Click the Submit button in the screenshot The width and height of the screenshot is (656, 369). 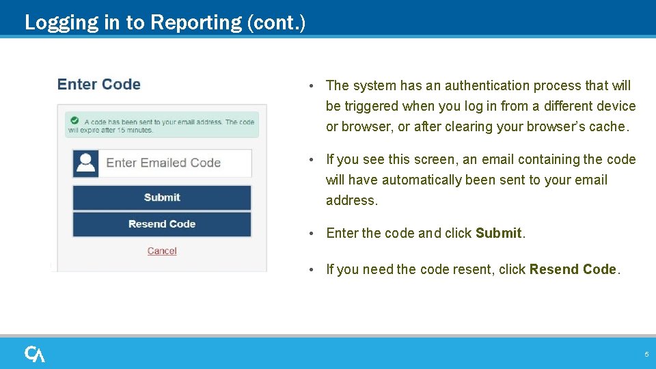point(162,197)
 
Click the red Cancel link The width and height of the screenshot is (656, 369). point(162,251)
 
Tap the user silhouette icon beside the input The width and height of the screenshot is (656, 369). point(86,163)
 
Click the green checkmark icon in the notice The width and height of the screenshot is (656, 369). point(74,120)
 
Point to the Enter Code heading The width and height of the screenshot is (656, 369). point(99,85)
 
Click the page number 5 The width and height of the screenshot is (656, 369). point(646,355)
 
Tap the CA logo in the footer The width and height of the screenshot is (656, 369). point(35,354)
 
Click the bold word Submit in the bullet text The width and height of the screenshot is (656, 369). point(499,233)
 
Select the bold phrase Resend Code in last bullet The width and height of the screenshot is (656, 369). point(573,269)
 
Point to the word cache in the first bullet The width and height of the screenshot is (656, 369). point(609,126)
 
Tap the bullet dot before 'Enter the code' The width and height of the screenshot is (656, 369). point(311,234)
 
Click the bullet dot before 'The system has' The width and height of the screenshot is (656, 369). point(311,86)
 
